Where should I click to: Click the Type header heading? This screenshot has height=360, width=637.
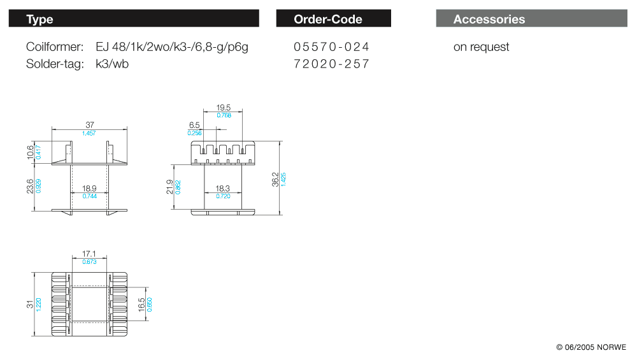[x=39, y=19]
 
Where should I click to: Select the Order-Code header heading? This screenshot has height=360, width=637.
[x=328, y=19]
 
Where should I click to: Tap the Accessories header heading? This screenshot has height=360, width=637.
[x=489, y=19]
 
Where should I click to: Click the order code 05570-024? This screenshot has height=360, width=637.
[x=331, y=47]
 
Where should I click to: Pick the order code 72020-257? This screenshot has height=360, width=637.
[x=331, y=64]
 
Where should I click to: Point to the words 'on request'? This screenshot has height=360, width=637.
[x=481, y=47]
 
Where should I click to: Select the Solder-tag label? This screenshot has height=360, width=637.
[x=55, y=64]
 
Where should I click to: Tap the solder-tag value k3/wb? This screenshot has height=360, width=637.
[x=112, y=64]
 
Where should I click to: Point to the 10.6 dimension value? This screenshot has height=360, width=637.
[x=31, y=152]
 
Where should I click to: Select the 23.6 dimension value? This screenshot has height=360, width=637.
[x=31, y=186]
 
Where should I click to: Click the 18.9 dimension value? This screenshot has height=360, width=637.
[x=90, y=189]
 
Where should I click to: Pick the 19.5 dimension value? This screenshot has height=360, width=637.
[x=224, y=108]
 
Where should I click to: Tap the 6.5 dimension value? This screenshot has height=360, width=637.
[x=194, y=125]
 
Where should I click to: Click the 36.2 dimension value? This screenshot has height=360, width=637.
[x=275, y=178]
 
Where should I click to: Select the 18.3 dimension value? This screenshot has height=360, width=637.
[x=223, y=189]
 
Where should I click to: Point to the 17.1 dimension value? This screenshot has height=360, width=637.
[x=90, y=254]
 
